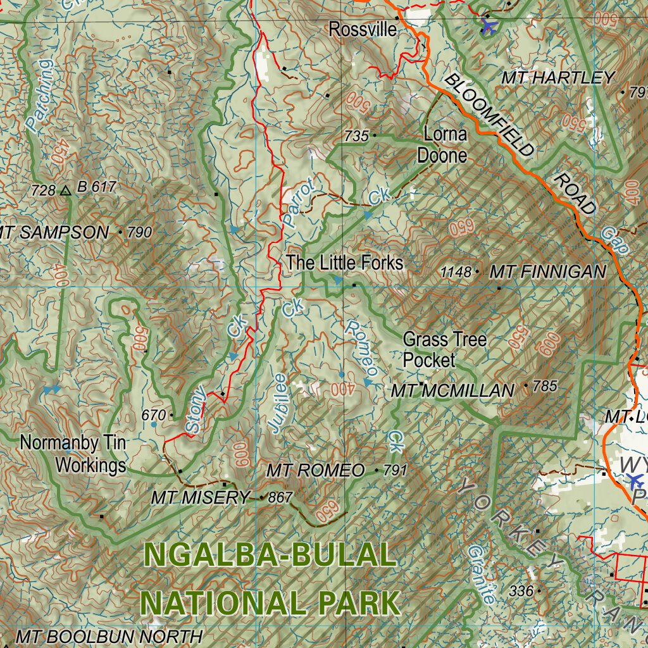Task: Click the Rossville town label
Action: pyautogui.click(x=363, y=29)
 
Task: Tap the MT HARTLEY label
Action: pyautogui.click(x=558, y=78)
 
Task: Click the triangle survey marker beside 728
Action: pyautogui.click(x=66, y=189)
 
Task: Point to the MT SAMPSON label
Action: pyautogui.click(x=56, y=232)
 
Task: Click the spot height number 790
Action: pyautogui.click(x=139, y=232)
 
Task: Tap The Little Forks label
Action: pyautogui.click(x=344, y=263)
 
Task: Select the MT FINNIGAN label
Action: pyautogui.click(x=548, y=272)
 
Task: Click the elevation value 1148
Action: pyautogui.click(x=456, y=272)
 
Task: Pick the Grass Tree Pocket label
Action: pyautogui.click(x=444, y=350)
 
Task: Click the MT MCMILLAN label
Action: pyautogui.click(x=452, y=390)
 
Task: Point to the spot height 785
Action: pyautogui.click(x=545, y=386)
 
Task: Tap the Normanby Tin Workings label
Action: pyautogui.click(x=73, y=454)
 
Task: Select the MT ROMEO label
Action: pyautogui.click(x=315, y=470)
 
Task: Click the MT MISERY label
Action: pyautogui.click(x=200, y=498)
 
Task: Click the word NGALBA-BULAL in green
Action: pyautogui.click(x=270, y=556)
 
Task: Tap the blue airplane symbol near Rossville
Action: pyautogui.click(x=489, y=25)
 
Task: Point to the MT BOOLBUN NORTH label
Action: pyautogui.click(x=109, y=636)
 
